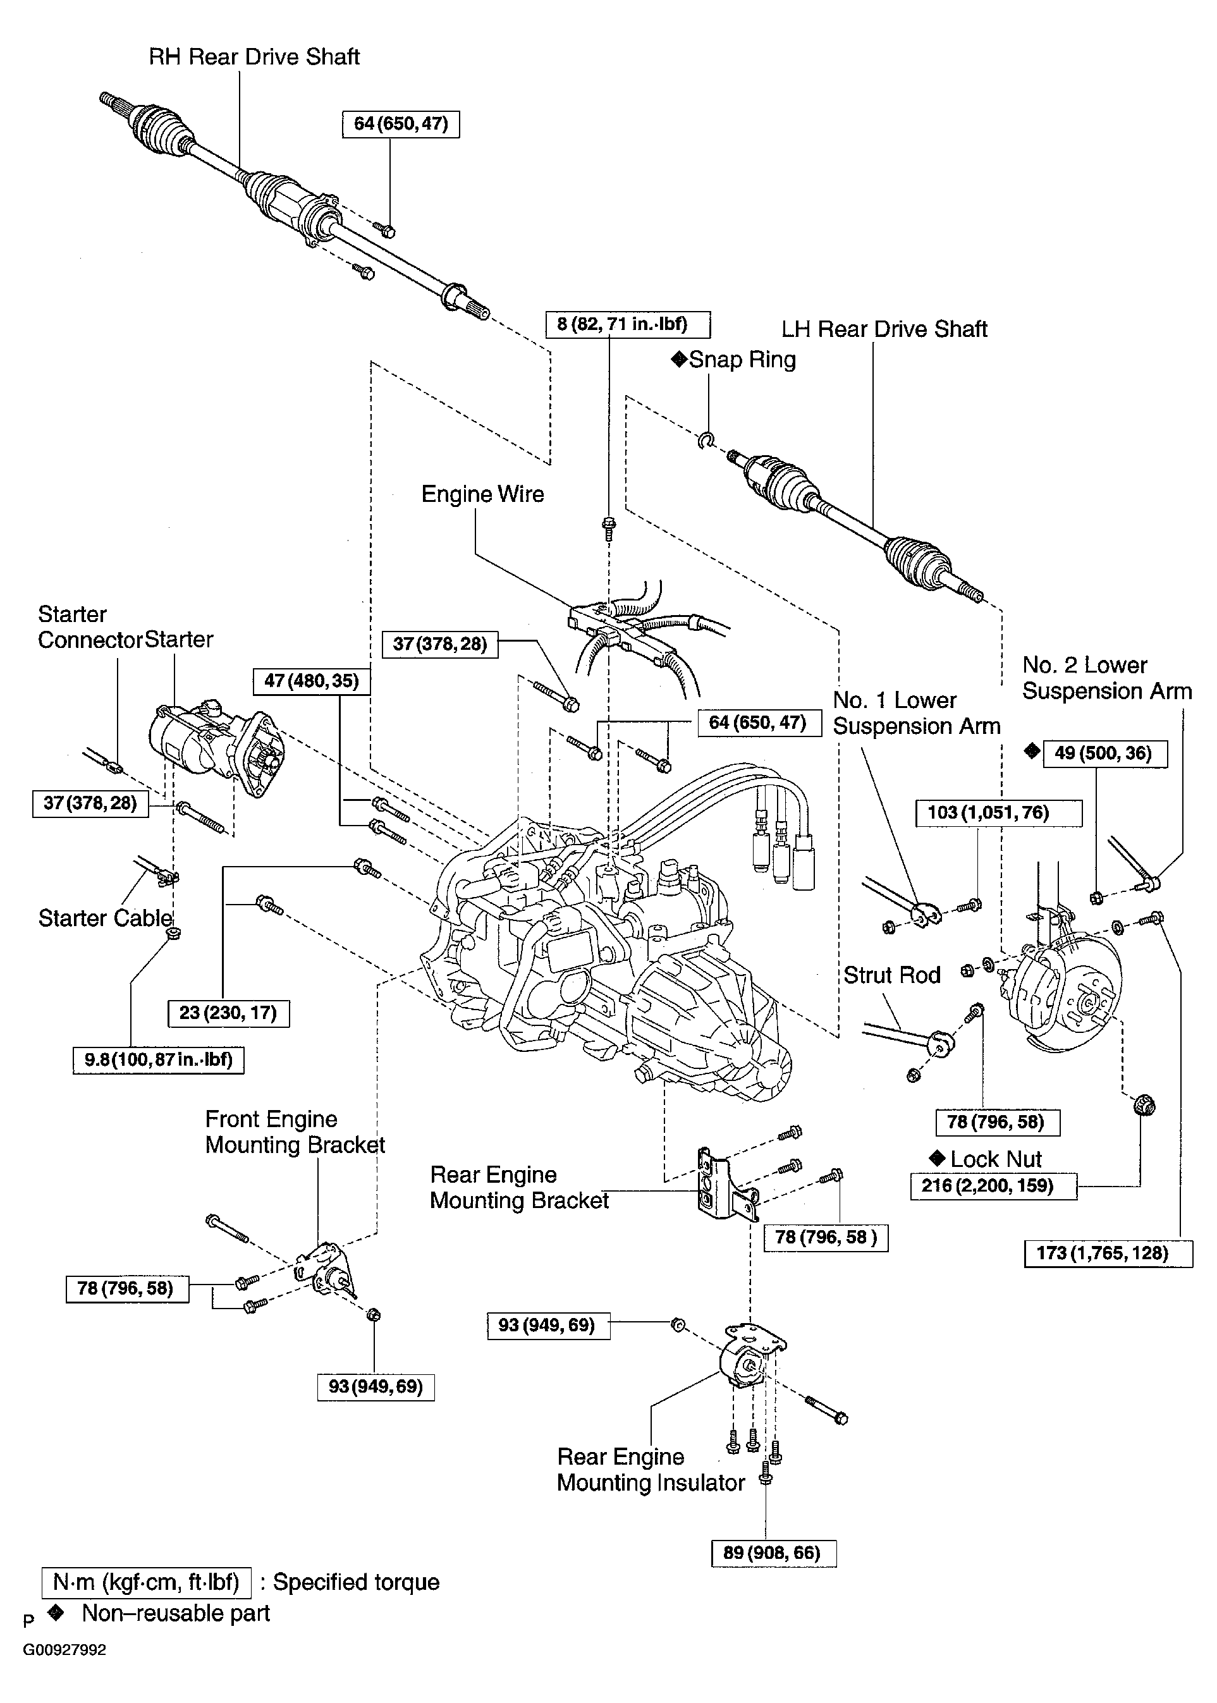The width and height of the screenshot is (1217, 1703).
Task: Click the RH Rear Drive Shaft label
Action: point(254,57)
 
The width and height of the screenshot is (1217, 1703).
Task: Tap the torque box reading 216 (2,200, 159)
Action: point(993,1186)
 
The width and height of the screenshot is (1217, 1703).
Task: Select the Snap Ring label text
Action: point(742,360)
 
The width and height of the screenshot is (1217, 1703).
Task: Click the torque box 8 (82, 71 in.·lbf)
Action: point(627,325)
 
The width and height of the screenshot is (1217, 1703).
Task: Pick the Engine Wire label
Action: point(482,494)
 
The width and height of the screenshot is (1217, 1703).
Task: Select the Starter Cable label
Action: point(105,919)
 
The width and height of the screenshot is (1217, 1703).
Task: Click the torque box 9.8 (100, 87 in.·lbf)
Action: point(158,1059)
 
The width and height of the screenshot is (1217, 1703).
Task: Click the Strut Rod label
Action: point(892,975)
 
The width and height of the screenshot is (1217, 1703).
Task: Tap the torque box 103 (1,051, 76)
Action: point(998,813)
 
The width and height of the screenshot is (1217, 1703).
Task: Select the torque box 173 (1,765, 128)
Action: point(1108,1254)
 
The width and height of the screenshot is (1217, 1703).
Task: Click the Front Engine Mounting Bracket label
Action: point(295,1132)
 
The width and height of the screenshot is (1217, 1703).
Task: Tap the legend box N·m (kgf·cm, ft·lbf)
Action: point(146,1582)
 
